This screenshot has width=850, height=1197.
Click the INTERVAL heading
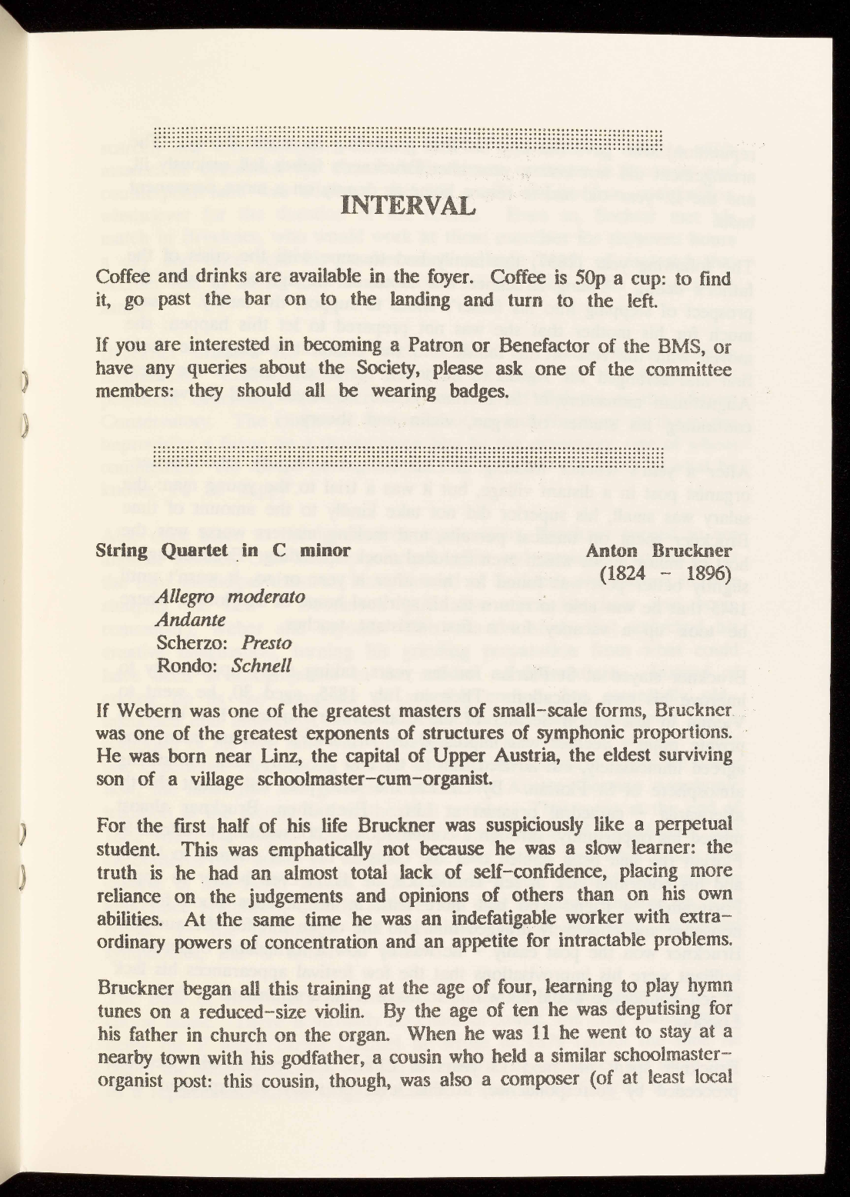tap(407, 206)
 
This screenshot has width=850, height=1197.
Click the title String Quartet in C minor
tap(223, 551)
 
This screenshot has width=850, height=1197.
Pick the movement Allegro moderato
tap(231, 597)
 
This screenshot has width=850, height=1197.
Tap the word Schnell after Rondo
tap(262, 665)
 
